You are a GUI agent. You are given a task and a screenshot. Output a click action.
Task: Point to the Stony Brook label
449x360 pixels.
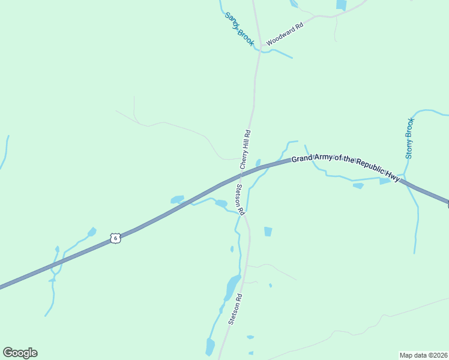coord(410,138)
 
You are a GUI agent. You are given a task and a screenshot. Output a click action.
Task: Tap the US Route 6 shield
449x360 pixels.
coord(116,238)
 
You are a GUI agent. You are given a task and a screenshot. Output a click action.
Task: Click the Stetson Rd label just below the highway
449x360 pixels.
coord(240,200)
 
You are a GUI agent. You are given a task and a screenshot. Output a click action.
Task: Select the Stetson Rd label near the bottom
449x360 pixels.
coord(235,309)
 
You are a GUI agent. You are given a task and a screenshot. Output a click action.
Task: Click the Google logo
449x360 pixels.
coord(20,353)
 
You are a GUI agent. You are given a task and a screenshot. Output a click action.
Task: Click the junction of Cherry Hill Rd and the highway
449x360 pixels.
coord(241,175)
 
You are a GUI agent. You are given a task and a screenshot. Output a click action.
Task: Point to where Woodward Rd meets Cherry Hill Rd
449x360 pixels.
coord(260,50)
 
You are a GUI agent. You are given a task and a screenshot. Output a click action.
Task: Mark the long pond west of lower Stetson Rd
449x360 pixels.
coord(231,288)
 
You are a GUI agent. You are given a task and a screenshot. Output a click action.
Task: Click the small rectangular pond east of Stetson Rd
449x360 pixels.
coord(268,231)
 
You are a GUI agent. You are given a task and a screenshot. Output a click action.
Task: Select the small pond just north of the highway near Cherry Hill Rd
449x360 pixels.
coord(258,163)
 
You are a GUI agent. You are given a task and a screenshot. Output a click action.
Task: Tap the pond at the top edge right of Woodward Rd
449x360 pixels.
coord(341,5)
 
